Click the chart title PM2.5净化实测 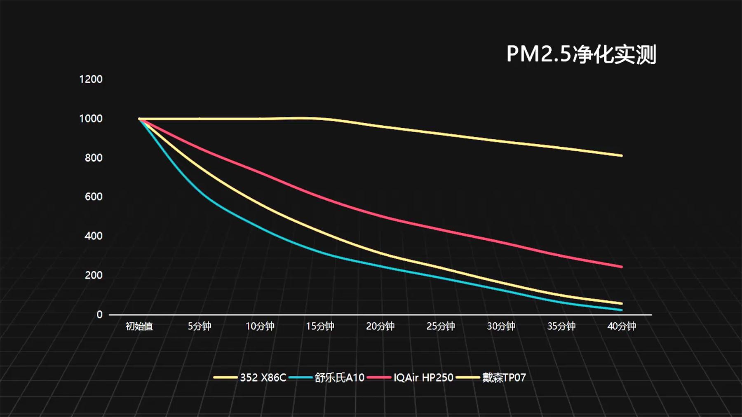tap(581, 54)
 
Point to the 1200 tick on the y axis tap(91, 79)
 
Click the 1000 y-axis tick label tap(91, 119)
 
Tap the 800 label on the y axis tap(94, 158)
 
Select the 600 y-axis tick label tap(94, 197)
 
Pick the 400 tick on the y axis tap(94, 236)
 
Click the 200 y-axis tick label tap(94, 275)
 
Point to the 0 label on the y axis tap(99, 314)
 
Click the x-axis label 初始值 tap(139, 326)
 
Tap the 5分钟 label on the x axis tap(200, 326)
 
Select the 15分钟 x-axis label tap(320, 326)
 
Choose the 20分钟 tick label tap(380, 326)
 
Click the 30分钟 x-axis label tap(501, 326)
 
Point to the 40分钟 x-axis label tap(622, 326)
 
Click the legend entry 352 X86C tap(263, 377)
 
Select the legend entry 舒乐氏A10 tap(339, 377)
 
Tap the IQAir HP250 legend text tap(423, 377)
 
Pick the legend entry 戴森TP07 tap(504, 377)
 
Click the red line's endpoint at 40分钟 tap(621, 267)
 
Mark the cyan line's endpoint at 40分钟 tap(621, 310)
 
